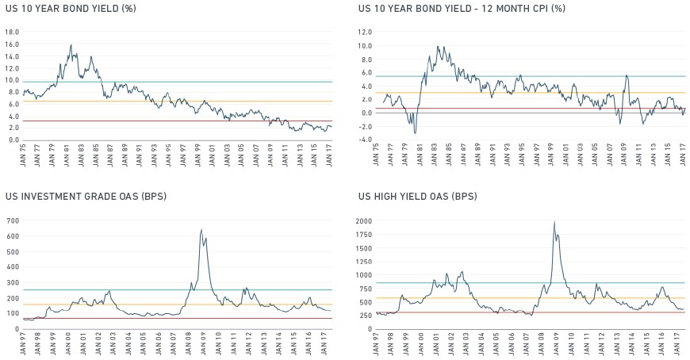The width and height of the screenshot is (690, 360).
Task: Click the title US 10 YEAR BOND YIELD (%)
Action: pyautogui.click(x=71, y=9)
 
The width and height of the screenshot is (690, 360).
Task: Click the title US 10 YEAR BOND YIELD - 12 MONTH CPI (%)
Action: pyautogui.click(x=462, y=9)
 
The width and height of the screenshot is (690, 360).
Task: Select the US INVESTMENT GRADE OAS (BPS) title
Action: pyautogui.click(x=86, y=197)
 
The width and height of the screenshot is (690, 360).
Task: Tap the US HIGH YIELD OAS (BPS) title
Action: pyautogui.click(x=418, y=197)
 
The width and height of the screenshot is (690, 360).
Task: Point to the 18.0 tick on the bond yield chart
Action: pyautogui.click(x=13, y=33)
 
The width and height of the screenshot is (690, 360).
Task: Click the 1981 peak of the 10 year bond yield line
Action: pyautogui.click(x=71, y=44)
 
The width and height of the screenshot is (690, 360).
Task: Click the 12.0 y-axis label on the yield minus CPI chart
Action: pyautogui.click(x=366, y=33)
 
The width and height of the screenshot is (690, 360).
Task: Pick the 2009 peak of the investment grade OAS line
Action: pyautogui.click(x=201, y=229)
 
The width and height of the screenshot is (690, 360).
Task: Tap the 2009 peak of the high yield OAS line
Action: pyautogui.click(x=554, y=222)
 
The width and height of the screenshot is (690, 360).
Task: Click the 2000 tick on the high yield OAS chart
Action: pyautogui.click(x=364, y=221)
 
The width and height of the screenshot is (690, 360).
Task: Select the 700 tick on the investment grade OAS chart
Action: pyautogui.click(x=13, y=221)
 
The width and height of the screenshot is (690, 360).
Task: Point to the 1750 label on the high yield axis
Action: pyautogui.click(x=364, y=235)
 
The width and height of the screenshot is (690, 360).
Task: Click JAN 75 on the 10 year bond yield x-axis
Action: pyautogui.click(x=23, y=155)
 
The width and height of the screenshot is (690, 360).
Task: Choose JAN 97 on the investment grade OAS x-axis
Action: pyautogui.click(x=23, y=343)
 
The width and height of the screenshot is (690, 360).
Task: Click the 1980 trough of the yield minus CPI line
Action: pyautogui.click(x=415, y=133)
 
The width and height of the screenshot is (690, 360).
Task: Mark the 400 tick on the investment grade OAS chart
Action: pyautogui.click(x=13, y=267)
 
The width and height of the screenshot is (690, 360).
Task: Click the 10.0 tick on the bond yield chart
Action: pyautogui.click(x=13, y=81)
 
